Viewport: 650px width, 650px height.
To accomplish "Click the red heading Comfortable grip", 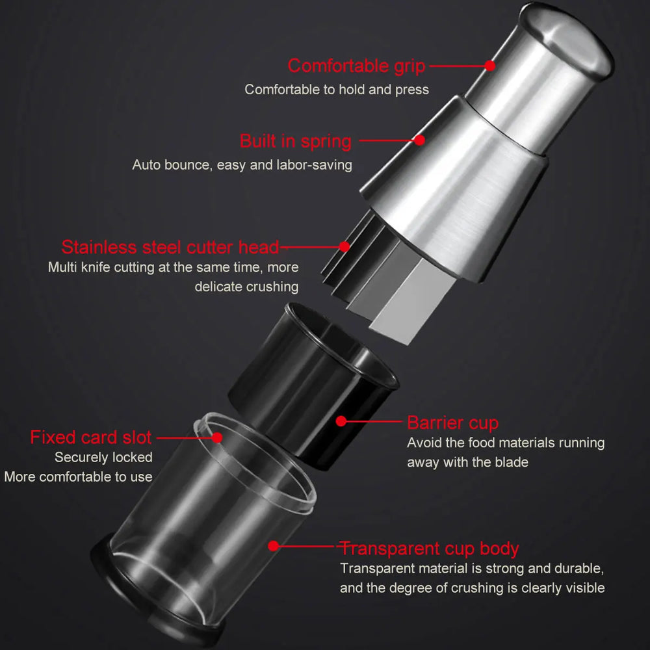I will point(356,66).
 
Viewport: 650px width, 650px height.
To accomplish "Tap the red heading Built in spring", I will point(296,141).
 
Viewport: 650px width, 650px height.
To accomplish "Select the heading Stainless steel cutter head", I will point(170,247).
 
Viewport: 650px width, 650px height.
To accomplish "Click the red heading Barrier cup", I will point(452,422).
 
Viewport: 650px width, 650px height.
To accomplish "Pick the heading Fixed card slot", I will point(91,437).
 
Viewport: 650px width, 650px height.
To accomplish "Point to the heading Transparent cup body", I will point(430,548).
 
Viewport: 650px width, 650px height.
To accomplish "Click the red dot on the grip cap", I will point(490,65).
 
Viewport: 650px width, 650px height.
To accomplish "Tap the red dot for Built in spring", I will point(420,140).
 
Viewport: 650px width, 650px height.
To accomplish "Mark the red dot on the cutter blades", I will point(344,246).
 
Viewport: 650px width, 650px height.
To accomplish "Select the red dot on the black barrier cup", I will point(341,421).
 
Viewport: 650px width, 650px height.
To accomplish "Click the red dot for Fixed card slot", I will point(217,437).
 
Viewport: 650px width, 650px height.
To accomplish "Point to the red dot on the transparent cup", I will point(274,546).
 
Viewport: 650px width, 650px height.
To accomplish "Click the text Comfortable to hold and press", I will point(337,90).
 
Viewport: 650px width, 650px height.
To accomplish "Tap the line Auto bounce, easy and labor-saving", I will point(242,165).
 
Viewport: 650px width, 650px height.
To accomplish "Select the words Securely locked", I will point(103,458).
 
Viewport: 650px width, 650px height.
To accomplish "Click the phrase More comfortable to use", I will point(78,477).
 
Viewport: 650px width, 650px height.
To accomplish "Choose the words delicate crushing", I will point(246,287).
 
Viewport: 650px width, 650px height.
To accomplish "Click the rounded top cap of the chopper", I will point(565,39).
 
